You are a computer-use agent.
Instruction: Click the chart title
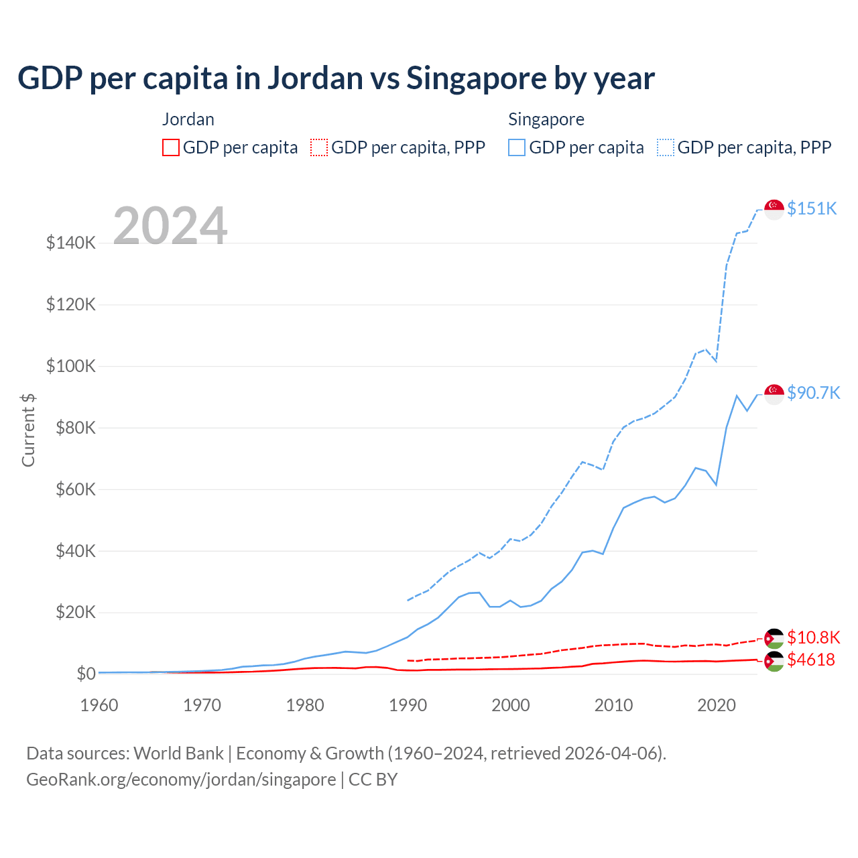point(336,78)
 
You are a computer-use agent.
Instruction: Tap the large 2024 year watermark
point(170,226)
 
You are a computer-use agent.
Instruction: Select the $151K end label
point(812,208)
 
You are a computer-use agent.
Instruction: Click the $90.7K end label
point(813,393)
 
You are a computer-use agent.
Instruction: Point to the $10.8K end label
point(813,637)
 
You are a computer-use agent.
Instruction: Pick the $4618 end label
point(811,660)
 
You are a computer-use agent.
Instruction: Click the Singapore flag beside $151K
point(774,209)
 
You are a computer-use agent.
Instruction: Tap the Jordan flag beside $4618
point(774,661)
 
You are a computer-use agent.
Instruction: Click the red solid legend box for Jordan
point(171,147)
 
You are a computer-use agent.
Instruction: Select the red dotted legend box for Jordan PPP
point(319,147)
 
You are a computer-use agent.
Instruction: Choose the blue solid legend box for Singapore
point(517,147)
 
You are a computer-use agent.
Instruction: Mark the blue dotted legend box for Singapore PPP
point(666,147)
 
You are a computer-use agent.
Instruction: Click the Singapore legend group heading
point(546,119)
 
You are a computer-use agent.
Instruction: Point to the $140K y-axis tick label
point(71,243)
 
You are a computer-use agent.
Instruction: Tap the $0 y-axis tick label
point(86,674)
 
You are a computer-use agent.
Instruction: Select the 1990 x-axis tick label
point(408,705)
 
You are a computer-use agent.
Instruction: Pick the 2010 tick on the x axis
point(613,705)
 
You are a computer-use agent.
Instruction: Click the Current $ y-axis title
point(28,430)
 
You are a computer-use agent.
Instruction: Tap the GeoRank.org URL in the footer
point(181,780)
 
